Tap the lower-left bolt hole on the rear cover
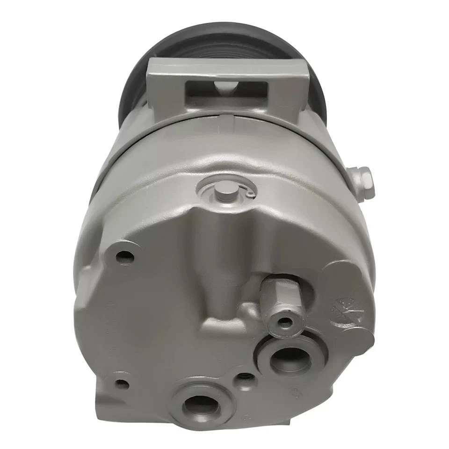pos(122,384)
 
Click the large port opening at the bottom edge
pos(201,403)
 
